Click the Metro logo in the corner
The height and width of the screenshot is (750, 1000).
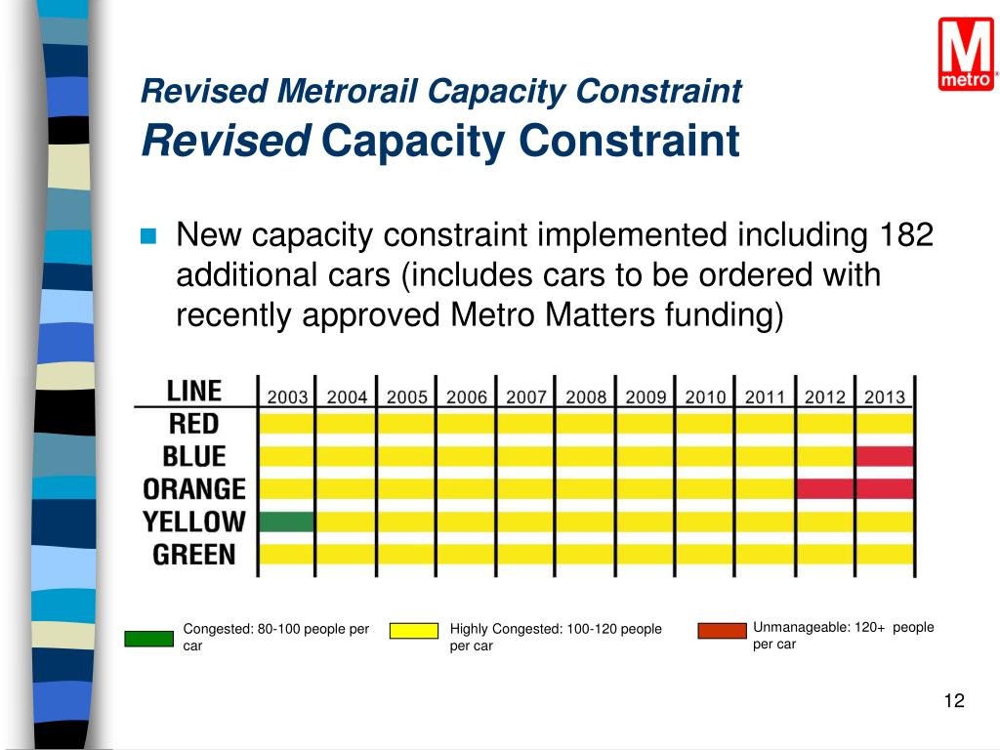click(967, 55)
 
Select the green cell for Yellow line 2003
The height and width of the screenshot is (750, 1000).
click(287, 521)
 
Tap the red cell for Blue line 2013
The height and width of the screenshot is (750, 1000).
click(885, 456)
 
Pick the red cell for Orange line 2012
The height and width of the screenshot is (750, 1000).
click(825, 488)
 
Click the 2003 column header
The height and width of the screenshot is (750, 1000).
click(287, 397)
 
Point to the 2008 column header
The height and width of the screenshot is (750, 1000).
click(586, 397)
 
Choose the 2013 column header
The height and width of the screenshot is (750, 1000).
click(884, 397)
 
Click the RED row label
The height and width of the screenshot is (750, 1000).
click(193, 424)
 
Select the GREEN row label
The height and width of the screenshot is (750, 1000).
click(194, 555)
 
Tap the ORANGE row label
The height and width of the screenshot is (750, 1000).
click(194, 488)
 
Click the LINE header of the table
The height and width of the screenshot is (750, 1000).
click(194, 392)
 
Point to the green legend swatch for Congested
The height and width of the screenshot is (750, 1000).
click(148, 640)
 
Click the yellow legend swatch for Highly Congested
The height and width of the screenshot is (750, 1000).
click(414, 631)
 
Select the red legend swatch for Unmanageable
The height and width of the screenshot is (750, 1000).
click(722, 631)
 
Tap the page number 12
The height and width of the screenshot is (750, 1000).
click(954, 700)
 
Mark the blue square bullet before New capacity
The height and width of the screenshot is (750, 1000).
click(148, 236)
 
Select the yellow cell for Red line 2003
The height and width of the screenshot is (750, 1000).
click(287, 424)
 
